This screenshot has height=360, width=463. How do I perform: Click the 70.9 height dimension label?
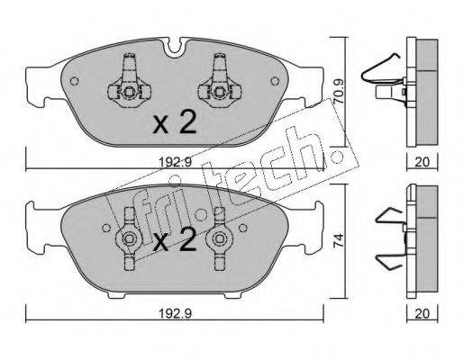click(339, 92)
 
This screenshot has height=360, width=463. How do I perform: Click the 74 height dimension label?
click(339, 240)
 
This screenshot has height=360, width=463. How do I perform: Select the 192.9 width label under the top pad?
click(175, 162)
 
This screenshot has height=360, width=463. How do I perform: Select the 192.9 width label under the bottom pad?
click(175, 313)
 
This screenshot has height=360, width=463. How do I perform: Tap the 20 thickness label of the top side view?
click(422, 162)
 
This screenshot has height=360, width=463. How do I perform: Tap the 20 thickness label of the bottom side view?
click(422, 314)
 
